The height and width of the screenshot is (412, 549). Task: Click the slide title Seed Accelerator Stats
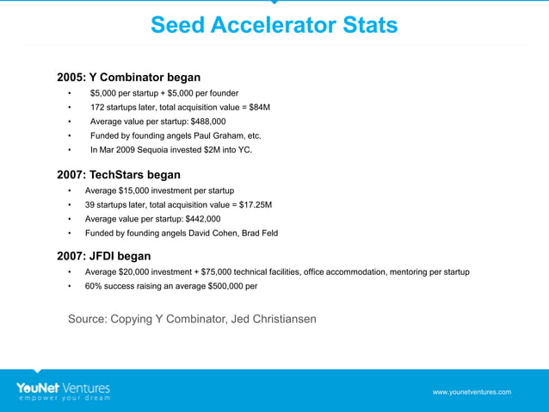(274, 25)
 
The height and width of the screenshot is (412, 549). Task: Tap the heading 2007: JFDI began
(103, 256)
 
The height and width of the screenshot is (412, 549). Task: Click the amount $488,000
(194, 122)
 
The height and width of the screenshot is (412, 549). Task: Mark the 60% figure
(95, 286)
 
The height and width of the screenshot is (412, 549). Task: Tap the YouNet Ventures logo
(63, 387)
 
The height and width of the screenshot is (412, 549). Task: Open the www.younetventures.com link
(472, 392)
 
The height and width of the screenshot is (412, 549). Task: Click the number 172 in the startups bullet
(98, 108)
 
